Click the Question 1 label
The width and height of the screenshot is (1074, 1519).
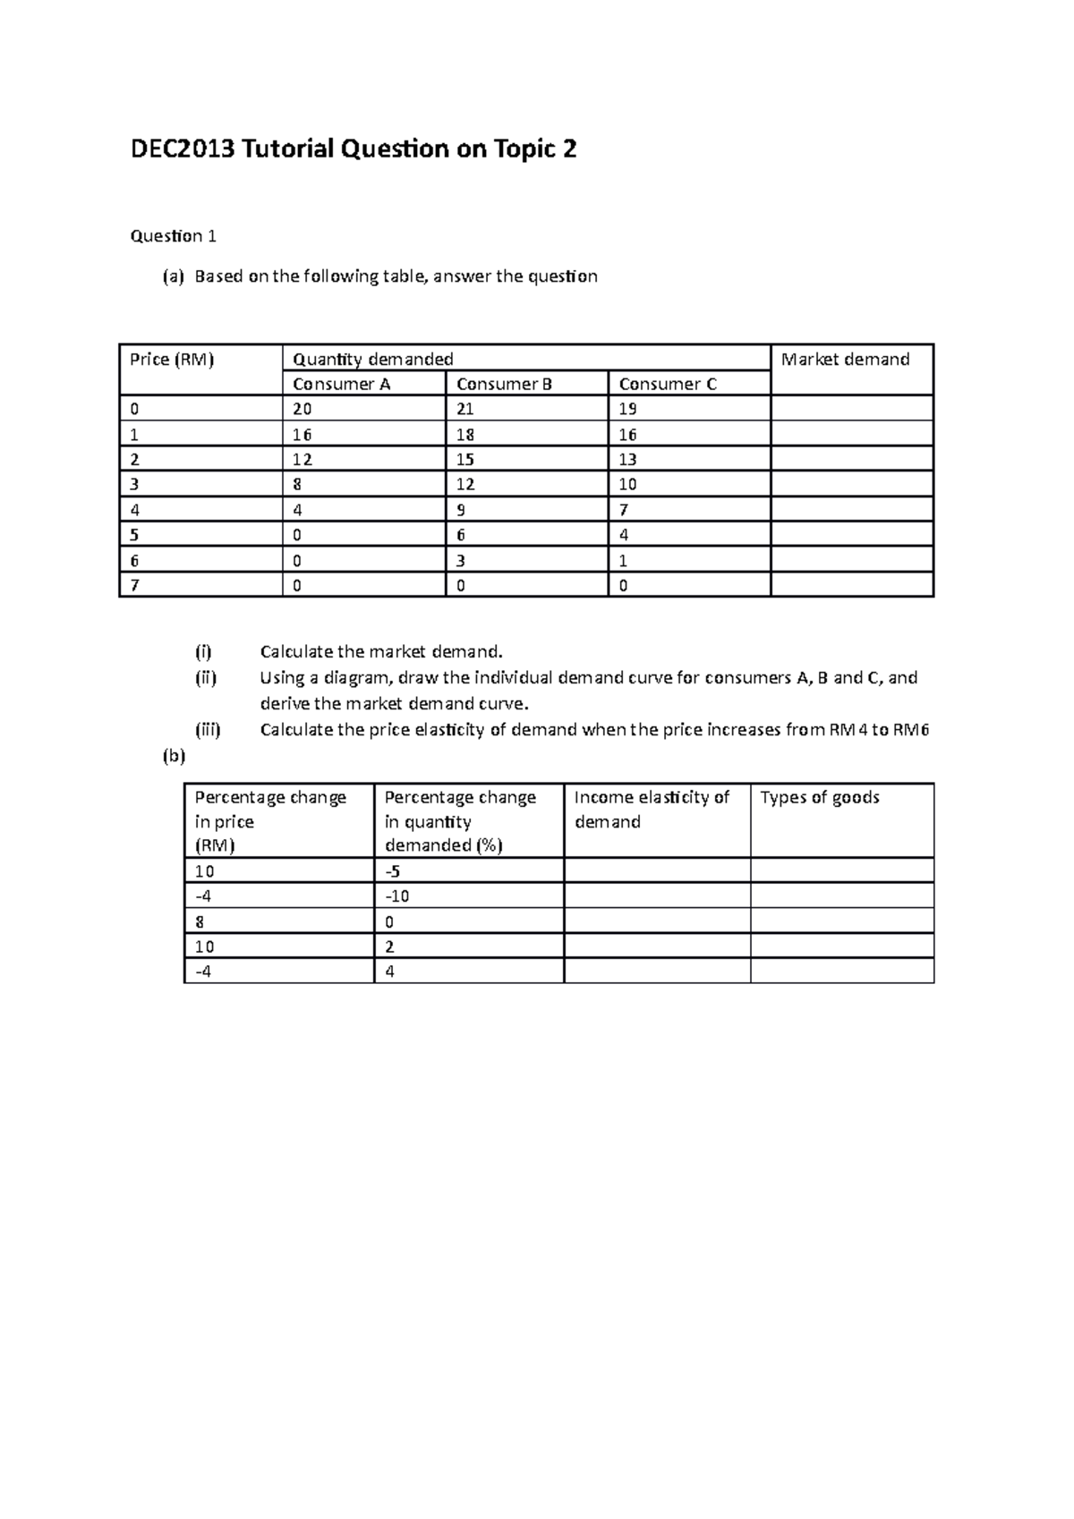click(x=173, y=236)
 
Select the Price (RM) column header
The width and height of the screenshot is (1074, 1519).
click(x=172, y=360)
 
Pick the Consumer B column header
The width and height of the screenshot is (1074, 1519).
click(x=504, y=385)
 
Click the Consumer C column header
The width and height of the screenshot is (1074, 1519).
click(x=668, y=385)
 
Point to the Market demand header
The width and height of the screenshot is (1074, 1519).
click(x=845, y=360)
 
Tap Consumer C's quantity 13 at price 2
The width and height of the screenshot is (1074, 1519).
click(x=627, y=460)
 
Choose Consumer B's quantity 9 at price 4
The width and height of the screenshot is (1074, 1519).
click(x=461, y=510)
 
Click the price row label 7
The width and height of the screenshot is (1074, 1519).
click(x=134, y=586)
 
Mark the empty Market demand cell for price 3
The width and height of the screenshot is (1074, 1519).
click(x=851, y=485)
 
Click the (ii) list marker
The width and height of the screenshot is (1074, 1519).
click(x=206, y=678)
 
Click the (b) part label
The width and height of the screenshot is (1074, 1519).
click(x=173, y=756)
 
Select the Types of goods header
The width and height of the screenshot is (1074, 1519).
click(x=820, y=798)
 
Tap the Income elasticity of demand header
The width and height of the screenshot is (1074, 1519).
click(x=652, y=810)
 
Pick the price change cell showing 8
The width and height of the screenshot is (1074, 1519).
click(x=200, y=921)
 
